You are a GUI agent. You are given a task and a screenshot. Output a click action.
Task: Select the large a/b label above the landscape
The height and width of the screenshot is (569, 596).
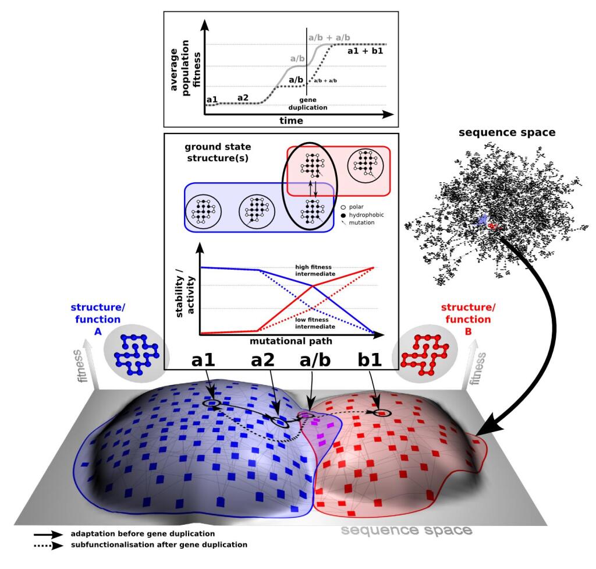click(x=315, y=361)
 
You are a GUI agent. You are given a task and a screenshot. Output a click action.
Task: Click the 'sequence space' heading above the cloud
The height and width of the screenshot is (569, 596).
click(x=507, y=132)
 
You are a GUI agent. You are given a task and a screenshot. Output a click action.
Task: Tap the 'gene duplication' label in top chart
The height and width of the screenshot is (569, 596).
click(x=308, y=103)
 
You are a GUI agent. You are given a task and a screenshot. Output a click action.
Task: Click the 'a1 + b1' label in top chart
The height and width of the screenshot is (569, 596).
click(x=365, y=51)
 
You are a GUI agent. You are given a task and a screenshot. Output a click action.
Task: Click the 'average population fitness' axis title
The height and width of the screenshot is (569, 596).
click(x=183, y=64)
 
